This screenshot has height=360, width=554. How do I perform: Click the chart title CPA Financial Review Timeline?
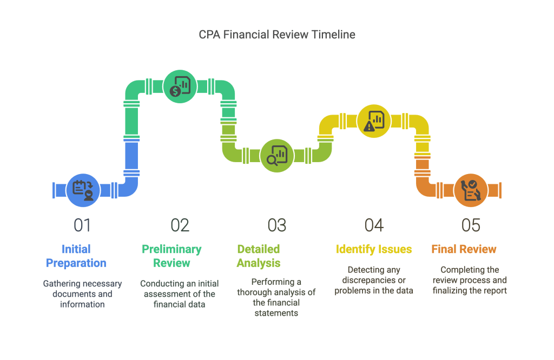click(277, 35)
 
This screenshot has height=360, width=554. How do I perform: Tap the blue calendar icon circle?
click(83, 190)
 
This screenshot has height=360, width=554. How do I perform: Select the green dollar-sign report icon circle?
click(180, 86)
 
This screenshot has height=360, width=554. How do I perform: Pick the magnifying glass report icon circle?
click(276, 156)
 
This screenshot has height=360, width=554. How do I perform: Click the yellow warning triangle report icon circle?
click(374, 121)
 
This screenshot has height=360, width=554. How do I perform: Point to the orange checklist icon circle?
click(471, 190)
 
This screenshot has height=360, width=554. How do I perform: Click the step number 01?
click(82, 225)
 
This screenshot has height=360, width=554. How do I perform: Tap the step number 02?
click(180, 225)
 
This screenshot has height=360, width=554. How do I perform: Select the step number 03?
click(276, 225)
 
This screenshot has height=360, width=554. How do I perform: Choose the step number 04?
click(374, 225)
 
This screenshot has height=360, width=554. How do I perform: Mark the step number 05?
click(471, 225)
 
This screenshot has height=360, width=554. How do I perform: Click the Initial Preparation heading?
click(76, 256)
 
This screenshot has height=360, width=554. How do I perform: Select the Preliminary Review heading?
click(172, 256)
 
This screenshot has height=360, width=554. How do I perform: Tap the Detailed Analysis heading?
click(259, 256)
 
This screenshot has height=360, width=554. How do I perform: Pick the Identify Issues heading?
click(374, 249)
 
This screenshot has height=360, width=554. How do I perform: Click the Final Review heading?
click(464, 249)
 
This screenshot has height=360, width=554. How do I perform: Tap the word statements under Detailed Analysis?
click(276, 313)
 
